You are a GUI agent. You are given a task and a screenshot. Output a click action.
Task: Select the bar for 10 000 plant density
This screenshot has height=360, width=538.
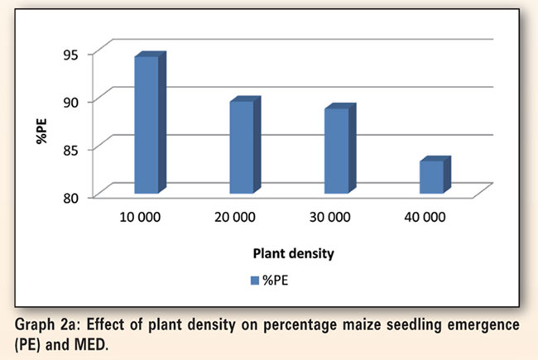(147, 124)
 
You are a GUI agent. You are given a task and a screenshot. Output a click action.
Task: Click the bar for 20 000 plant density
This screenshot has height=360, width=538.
(242, 146)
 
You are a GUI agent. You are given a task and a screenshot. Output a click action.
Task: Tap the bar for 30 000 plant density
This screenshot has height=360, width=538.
(337, 151)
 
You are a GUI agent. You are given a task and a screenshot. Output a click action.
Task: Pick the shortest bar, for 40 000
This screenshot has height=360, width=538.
(431, 176)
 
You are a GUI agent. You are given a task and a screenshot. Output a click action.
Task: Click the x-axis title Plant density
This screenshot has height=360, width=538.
(285, 254)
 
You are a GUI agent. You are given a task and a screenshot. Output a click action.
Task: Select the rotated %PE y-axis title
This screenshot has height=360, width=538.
(41, 132)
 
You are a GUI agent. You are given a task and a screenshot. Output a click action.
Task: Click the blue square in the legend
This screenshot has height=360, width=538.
(255, 281)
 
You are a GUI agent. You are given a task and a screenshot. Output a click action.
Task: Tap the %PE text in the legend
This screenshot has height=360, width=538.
(276, 281)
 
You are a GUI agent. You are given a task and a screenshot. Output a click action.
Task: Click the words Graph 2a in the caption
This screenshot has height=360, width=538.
(47, 323)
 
